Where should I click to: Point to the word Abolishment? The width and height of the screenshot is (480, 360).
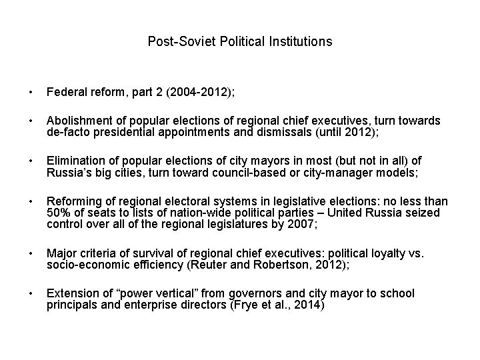(x=77, y=121)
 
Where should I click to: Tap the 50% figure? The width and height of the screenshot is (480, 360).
(x=58, y=213)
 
